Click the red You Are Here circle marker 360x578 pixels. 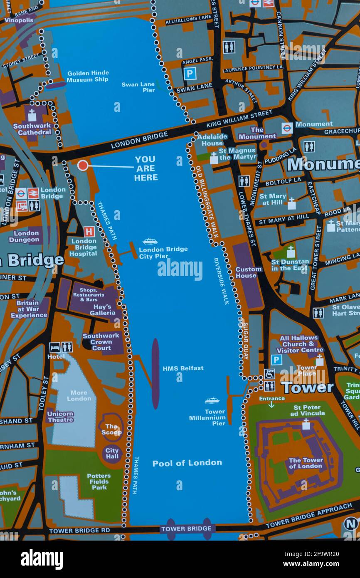coord(83,165)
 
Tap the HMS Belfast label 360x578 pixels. coord(183,368)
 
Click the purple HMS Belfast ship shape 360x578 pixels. coord(155,373)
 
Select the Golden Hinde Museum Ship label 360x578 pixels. coord(87,77)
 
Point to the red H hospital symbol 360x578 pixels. coord(89,232)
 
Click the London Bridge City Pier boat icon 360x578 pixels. coord(150,241)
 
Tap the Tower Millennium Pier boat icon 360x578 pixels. coord(212,401)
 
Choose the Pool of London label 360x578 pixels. coord(187,463)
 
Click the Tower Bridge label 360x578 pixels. coord(187,529)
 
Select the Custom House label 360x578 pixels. coord(249,272)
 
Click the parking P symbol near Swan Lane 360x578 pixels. coord(190,74)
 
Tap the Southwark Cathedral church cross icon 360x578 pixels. coord(32,115)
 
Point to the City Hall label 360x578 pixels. coord(112,454)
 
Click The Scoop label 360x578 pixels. coord(111,429)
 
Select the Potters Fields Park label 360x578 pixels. coord(99,482)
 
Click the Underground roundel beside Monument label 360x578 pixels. coord(287,128)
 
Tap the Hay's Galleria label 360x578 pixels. coord(102,310)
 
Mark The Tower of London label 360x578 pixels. coord(306,463)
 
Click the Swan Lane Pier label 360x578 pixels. coord(138,87)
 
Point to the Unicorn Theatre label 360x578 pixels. coord(61,417)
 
